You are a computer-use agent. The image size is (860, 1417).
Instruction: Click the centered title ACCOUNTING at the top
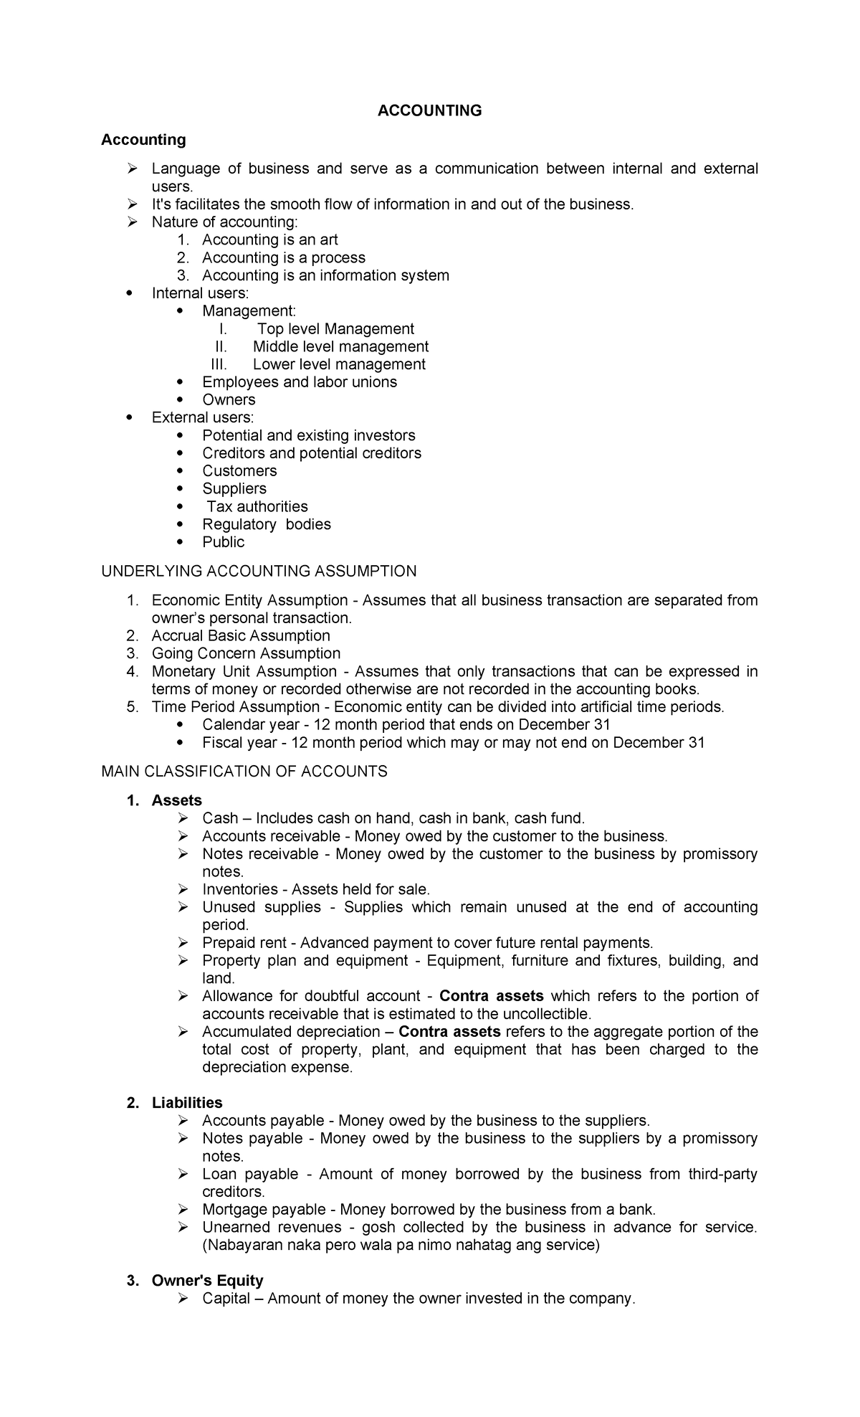click(x=429, y=110)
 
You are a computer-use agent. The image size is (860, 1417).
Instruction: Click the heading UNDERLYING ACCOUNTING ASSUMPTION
click(x=259, y=572)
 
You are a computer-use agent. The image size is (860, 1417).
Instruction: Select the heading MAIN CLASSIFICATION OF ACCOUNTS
click(x=244, y=772)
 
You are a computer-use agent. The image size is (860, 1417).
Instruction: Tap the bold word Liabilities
click(x=187, y=1103)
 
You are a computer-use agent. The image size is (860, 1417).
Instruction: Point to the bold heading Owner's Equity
click(x=207, y=1281)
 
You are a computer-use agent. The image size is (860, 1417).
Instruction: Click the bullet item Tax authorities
click(x=257, y=506)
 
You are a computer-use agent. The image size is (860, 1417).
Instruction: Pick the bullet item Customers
click(x=239, y=471)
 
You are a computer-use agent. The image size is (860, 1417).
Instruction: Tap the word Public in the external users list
click(x=223, y=542)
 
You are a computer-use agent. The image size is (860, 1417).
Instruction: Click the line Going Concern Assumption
click(x=246, y=653)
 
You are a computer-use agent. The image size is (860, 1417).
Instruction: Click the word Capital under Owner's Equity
click(x=226, y=1299)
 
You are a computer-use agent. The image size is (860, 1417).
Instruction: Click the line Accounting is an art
click(x=269, y=240)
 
